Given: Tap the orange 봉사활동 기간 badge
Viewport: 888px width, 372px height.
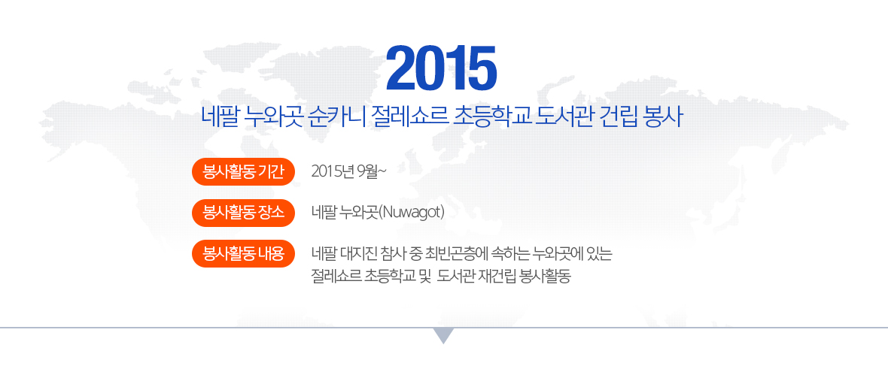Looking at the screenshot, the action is point(244,171).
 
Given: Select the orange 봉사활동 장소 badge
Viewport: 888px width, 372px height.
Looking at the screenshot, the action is point(244,213).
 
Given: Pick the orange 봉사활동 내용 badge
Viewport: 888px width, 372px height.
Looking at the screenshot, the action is point(244,253).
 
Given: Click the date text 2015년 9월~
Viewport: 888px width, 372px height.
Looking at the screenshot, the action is point(349,171).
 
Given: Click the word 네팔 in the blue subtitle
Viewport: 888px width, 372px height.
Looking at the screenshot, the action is point(219,117).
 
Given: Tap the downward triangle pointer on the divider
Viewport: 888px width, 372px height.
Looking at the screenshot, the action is point(444,334).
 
